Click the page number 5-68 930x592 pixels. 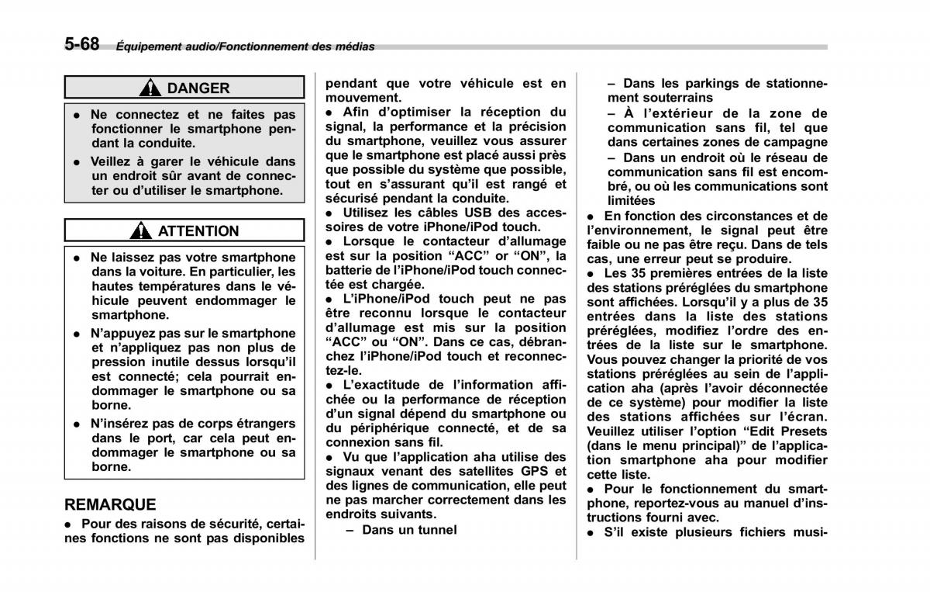coord(81,43)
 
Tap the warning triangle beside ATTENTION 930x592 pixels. coord(141,230)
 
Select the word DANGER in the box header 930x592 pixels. coord(198,88)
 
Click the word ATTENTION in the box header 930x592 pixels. coord(198,230)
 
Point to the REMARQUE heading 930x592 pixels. coord(110,504)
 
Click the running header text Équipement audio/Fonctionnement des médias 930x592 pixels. coord(245,47)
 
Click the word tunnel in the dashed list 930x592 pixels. coord(433,529)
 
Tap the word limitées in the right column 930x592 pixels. coord(632,200)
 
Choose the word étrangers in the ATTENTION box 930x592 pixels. coord(258,423)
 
